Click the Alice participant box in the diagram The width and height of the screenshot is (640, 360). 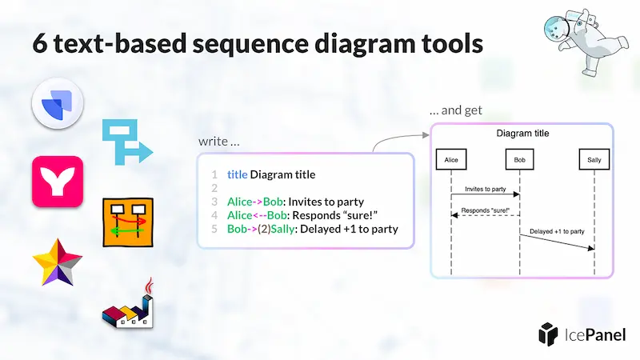click(451, 160)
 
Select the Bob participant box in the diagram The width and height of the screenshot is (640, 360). click(520, 160)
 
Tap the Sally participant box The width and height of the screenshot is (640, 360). click(594, 160)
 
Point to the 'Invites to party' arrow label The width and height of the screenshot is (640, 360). click(486, 189)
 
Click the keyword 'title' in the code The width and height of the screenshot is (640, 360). click(237, 174)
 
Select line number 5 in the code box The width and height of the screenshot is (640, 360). click(214, 230)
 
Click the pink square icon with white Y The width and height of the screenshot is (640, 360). click(57, 182)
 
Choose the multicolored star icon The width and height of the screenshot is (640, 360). click(57, 266)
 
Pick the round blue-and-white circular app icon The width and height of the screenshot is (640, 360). click(57, 107)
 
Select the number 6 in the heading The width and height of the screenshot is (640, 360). click(40, 42)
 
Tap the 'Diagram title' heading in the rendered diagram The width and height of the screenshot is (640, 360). click(522, 133)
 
